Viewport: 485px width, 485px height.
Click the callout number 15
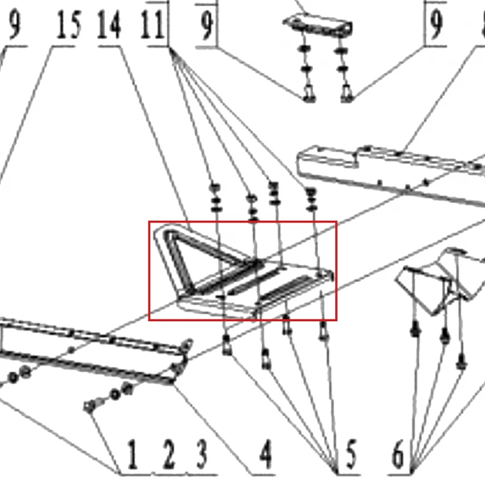point(69,25)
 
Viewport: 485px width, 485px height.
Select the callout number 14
point(109,25)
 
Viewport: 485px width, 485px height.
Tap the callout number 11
point(152,25)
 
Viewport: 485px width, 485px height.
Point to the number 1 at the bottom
point(132,454)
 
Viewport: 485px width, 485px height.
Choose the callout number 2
point(169,454)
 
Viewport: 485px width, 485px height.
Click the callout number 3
point(202,454)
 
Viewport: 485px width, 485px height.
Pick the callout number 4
point(266,454)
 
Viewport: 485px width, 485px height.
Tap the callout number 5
point(351,454)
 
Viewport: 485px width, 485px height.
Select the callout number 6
point(398,454)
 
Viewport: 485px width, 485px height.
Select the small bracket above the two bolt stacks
point(317,25)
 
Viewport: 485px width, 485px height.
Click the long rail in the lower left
point(90,350)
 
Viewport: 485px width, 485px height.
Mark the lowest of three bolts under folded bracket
point(461,363)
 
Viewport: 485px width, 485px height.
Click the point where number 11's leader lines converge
point(170,48)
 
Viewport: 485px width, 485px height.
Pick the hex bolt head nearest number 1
point(89,406)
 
